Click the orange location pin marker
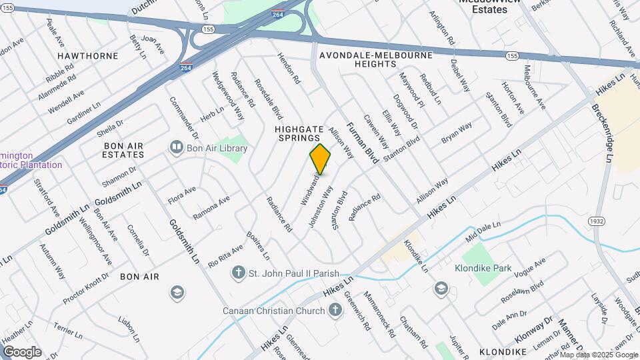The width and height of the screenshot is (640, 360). tap(320, 159)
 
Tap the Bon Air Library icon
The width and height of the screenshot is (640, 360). tap(177, 146)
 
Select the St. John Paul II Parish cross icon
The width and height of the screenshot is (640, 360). tap(238, 273)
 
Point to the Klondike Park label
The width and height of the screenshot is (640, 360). tap(483, 270)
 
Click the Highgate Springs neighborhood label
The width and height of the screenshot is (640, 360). tap(299, 132)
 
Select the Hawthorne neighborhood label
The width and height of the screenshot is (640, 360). tap(87, 55)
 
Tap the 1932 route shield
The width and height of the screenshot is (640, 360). tap(596, 221)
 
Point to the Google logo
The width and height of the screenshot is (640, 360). tap(22, 351)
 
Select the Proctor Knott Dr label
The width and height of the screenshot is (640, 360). tap(86, 289)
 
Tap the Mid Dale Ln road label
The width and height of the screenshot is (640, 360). tap(483, 231)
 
